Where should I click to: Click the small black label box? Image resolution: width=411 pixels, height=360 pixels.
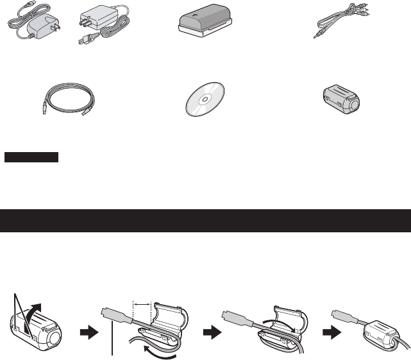[x=31, y=157]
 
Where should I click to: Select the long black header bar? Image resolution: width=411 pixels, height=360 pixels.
[x=205, y=220]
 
